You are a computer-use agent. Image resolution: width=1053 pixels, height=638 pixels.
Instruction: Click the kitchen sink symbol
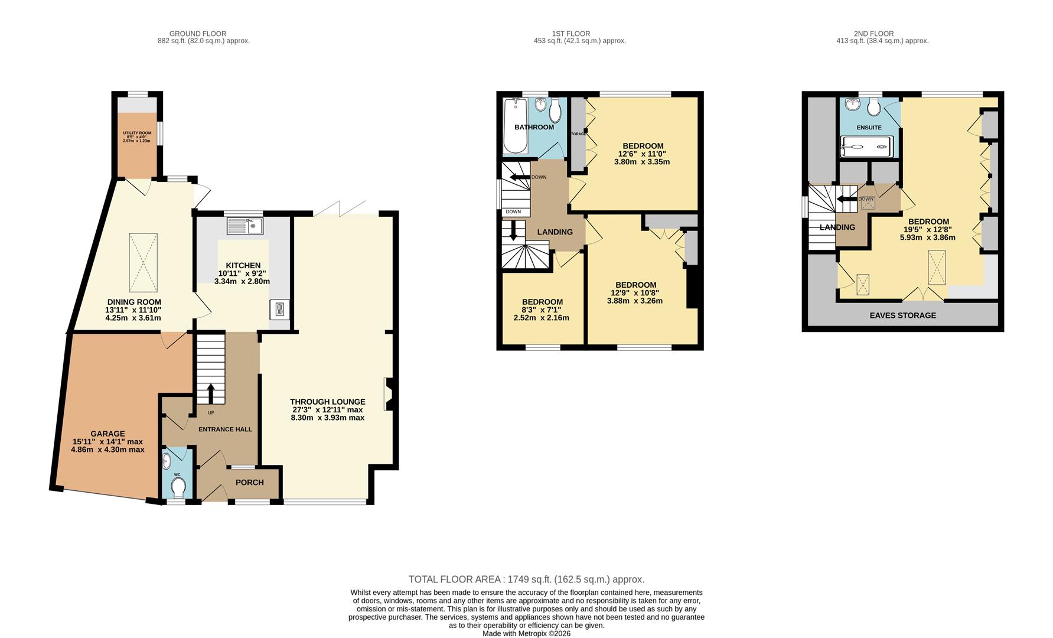point(244,225)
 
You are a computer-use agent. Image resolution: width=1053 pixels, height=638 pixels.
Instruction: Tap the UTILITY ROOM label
point(137,133)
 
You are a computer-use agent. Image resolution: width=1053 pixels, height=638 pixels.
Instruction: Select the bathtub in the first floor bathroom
point(514,125)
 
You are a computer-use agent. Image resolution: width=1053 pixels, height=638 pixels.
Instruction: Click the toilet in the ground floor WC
point(177,488)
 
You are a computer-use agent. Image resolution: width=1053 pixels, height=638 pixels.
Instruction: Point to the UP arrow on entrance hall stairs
point(211,393)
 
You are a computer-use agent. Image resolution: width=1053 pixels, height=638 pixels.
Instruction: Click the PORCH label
point(249,483)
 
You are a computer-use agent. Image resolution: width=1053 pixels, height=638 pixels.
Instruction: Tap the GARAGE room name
point(107,434)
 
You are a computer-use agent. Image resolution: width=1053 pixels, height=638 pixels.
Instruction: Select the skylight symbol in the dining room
point(143,262)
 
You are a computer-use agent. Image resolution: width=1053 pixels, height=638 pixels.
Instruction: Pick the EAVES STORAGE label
point(902,315)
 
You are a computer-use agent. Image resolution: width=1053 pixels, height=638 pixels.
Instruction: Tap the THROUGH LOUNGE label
point(327,402)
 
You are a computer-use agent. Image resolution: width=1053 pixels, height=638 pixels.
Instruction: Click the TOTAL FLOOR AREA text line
point(526,580)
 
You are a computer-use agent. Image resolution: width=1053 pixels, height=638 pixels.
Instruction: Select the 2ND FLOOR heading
point(873,34)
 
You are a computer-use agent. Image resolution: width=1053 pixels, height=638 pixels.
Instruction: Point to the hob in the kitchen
point(280,309)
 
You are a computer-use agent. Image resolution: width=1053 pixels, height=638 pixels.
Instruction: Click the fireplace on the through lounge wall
point(389,394)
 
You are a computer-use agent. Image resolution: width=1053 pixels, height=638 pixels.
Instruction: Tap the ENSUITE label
point(869,128)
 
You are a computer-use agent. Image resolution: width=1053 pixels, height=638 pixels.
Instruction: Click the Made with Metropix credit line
point(526,633)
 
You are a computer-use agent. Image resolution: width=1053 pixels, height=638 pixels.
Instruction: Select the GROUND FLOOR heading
point(197,34)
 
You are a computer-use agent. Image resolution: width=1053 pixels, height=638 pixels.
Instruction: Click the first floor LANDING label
point(555,232)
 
